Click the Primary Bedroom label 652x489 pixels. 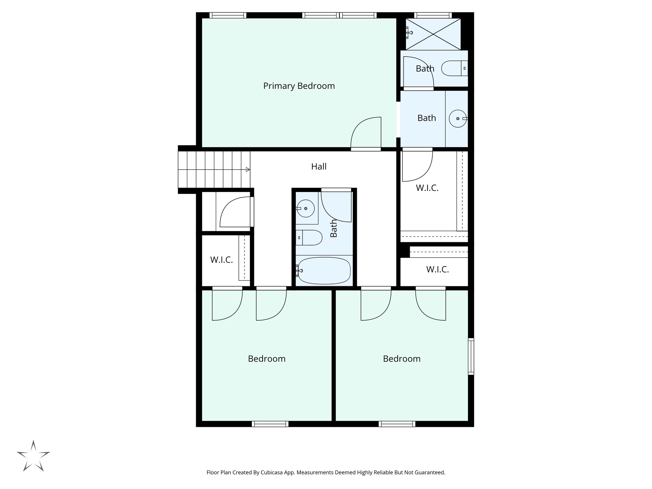point(299,86)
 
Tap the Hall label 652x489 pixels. point(319,167)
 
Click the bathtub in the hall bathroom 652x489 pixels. point(324,271)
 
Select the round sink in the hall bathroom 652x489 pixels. point(306,209)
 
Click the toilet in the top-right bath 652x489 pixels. point(454,68)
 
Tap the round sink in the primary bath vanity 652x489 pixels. point(457,118)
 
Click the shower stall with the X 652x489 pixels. point(433,34)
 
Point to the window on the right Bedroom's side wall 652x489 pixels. point(471,356)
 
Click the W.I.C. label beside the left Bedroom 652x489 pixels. point(221,260)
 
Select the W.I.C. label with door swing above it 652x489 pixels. point(427,188)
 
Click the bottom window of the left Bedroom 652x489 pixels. point(270,424)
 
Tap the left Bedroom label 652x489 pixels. point(266,359)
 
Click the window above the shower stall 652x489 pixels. point(433,15)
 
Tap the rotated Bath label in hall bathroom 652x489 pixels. point(333,228)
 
